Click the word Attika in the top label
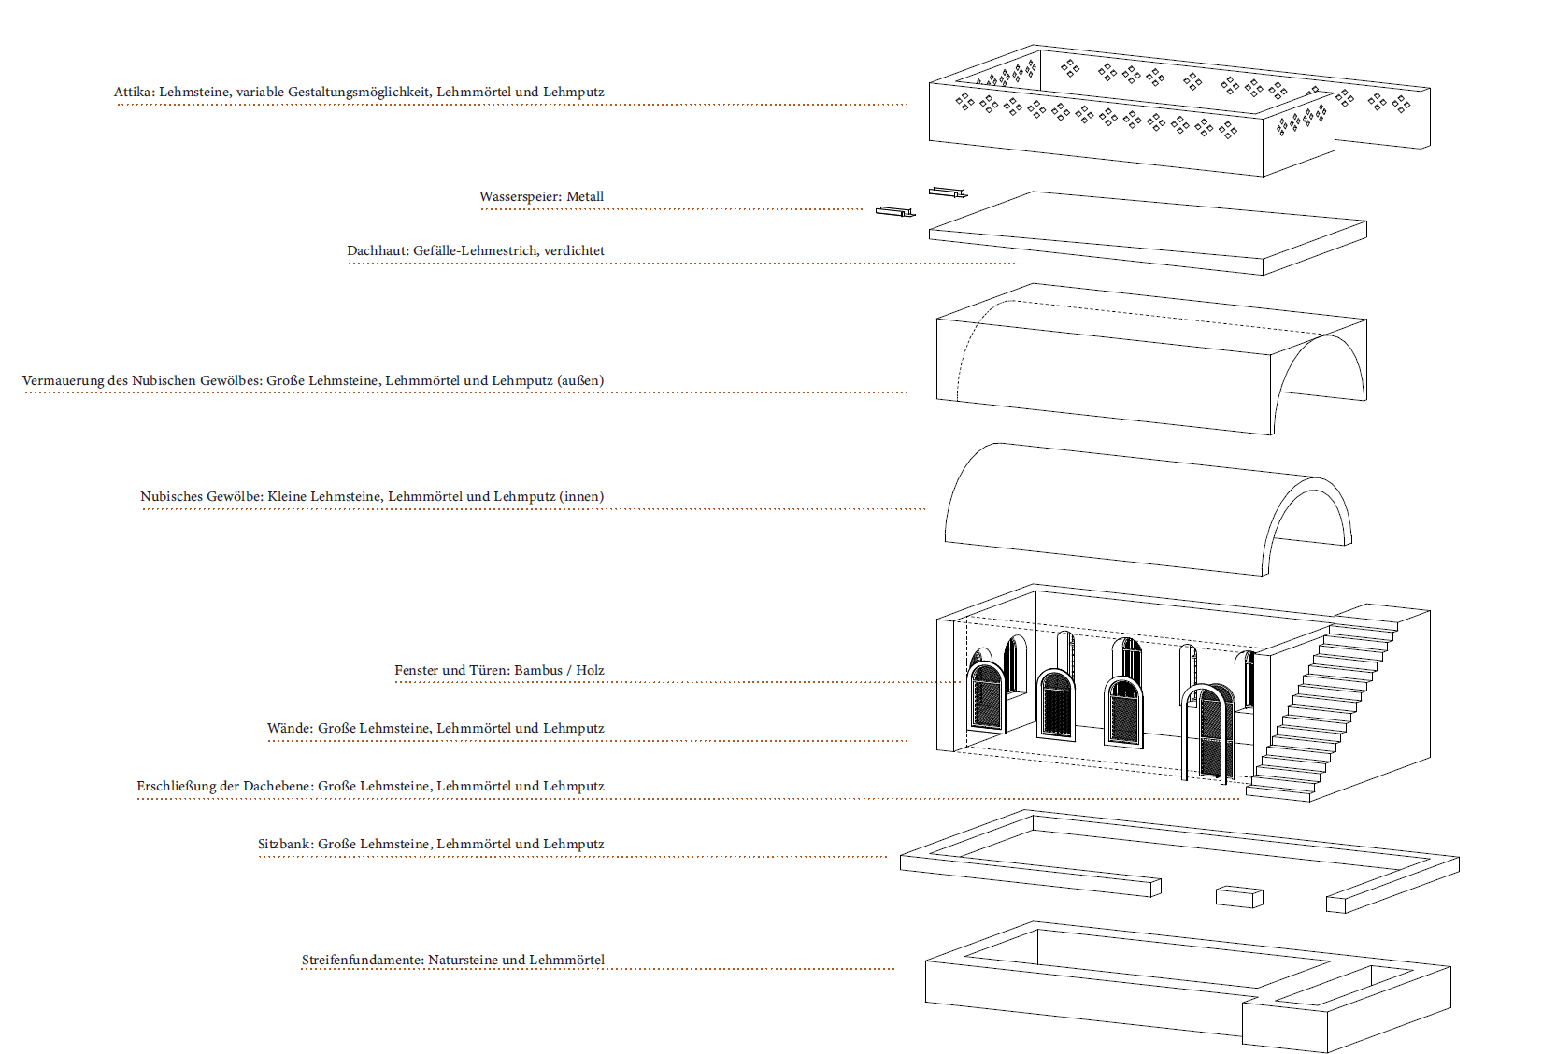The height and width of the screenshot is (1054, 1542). [135, 92]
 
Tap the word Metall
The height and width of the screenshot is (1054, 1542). [585, 196]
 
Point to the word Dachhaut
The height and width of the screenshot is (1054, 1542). [378, 250]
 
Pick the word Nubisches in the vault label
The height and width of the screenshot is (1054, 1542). [171, 496]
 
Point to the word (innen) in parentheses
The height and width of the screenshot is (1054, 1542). [581, 496]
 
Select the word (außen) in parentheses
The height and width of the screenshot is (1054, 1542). [580, 380]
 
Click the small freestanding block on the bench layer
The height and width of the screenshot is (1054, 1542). [1239, 897]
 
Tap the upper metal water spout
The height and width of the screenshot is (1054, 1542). [949, 192]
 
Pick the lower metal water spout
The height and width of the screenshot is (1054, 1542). [895, 212]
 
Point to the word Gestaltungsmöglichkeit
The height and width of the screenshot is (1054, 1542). [359, 92]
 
